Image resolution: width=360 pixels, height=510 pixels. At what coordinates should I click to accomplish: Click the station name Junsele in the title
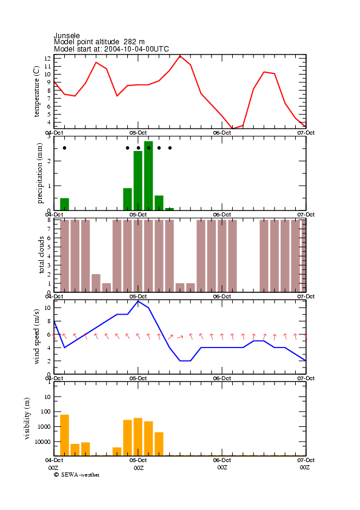coord(67,35)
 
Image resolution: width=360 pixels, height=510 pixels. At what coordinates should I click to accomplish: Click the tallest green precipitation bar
coord(148,176)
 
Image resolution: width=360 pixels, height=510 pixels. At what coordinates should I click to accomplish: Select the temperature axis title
coord(36,92)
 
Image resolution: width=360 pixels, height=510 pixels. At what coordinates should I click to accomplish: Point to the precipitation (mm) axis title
coord(39,173)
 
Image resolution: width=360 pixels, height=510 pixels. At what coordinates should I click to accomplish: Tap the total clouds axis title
coord(41,255)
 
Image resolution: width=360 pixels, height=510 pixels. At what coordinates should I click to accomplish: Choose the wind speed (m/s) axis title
coord(36,337)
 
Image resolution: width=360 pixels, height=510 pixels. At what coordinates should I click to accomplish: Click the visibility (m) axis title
coord(27,418)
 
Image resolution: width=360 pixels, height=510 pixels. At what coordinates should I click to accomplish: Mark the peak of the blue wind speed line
coord(138,301)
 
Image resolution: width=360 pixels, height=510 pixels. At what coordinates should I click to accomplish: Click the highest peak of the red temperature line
coord(180,56)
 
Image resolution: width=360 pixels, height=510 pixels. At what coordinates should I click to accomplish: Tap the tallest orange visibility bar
coord(64,435)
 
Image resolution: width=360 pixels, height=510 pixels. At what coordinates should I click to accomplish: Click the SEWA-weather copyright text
coord(77,475)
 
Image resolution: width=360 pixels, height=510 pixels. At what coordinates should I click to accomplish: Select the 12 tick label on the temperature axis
coord(47,59)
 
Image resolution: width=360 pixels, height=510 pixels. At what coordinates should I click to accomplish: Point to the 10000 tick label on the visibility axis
coord(42,441)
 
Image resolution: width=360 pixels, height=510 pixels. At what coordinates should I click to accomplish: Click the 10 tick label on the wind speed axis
coord(47,307)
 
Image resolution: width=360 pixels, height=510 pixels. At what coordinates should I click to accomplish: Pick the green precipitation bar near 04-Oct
coord(64,204)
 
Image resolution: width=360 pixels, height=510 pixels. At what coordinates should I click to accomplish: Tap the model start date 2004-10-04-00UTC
coord(136,49)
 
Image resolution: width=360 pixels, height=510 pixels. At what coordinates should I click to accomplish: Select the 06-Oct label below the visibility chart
coord(222,460)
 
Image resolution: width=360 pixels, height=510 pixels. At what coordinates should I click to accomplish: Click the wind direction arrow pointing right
coord(180,337)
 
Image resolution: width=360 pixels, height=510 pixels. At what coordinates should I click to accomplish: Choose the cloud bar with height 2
coord(96,283)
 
